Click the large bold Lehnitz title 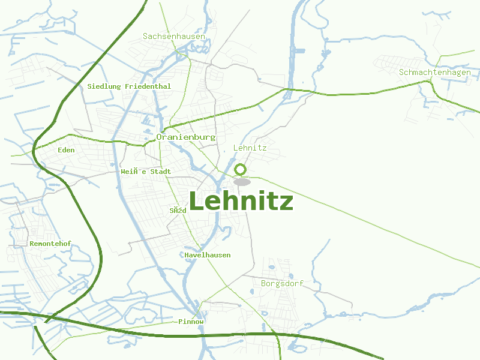coord(241,202)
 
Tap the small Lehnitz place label coord(250,148)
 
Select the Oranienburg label coord(185,137)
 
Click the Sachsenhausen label coord(174,37)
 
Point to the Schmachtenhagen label coord(434,73)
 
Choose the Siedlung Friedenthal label coord(129,86)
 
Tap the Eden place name coord(66,150)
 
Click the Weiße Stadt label coord(146,172)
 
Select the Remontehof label coord(50,244)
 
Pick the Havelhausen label coord(208,255)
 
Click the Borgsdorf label coord(282,283)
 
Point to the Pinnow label coord(191,322)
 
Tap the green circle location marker coord(241,169)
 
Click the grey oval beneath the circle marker coord(242,182)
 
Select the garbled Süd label coord(178,211)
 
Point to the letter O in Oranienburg coord(159,137)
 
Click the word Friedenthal coord(148,86)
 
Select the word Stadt coord(160,172)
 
